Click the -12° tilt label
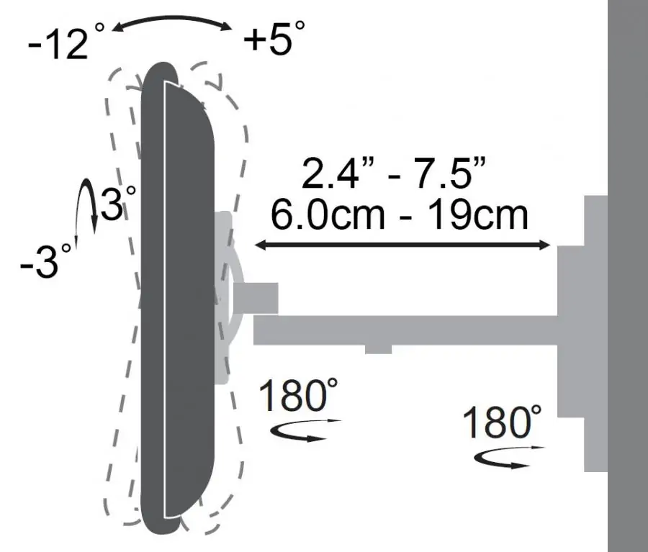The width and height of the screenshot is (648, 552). pos(66,40)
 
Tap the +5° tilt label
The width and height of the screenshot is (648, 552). pos(274,37)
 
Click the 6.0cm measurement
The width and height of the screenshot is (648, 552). pos(328,215)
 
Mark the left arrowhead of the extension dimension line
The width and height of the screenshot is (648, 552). pos(261,245)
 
